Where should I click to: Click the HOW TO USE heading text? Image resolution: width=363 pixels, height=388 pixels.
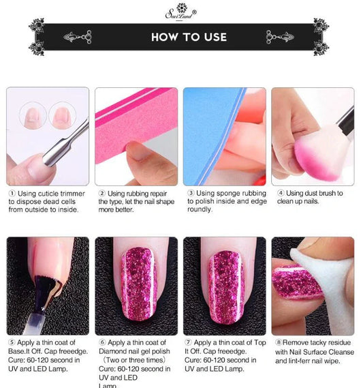(189, 37)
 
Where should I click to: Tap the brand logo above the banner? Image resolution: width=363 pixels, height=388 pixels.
(181, 12)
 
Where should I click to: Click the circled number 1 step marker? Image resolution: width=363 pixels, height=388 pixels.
(12, 194)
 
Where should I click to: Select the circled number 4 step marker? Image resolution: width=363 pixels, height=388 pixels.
(281, 193)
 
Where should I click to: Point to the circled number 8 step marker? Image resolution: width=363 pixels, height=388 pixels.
(279, 342)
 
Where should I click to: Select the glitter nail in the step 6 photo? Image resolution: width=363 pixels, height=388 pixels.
(139, 284)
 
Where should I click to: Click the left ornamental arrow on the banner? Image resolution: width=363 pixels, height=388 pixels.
(78, 37)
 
